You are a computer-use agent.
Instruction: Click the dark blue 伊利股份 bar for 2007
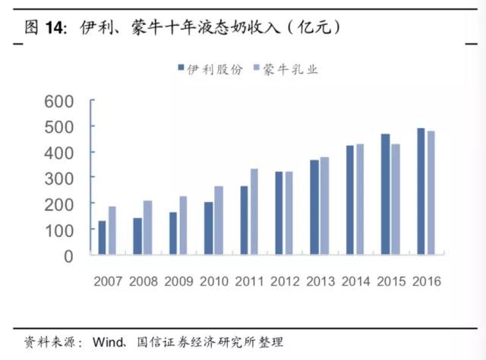[x=102, y=238]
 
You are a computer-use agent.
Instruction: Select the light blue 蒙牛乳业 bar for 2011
[x=254, y=211]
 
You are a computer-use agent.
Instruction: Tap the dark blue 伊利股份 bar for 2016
[x=421, y=191]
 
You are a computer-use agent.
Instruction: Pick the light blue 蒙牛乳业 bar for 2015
[x=396, y=199]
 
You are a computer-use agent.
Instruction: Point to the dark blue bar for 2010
[x=209, y=228]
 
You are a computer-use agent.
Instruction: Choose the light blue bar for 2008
[x=148, y=228]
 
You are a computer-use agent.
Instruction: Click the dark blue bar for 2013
[x=314, y=207]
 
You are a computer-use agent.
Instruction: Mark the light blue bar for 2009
[x=183, y=225]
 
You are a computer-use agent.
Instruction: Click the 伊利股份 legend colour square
[x=181, y=68]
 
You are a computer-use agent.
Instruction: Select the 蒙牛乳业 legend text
[x=290, y=69]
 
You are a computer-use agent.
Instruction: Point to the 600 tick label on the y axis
[x=59, y=102]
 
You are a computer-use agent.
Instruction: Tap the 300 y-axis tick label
[x=59, y=179]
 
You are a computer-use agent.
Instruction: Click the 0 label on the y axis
[x=68, y=257]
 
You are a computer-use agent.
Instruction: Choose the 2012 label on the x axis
[x=285, y=281]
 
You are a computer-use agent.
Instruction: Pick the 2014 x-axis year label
[x=356, y=281]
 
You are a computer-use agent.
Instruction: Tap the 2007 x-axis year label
[x=108, y=281]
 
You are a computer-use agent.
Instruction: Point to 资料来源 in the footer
[x=49, y=342]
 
